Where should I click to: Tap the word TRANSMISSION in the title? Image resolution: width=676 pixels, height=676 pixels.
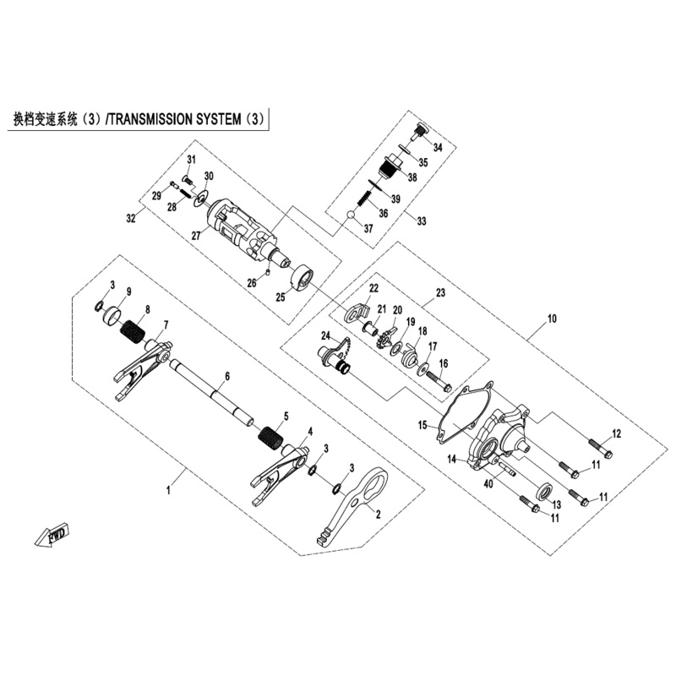(150, 119)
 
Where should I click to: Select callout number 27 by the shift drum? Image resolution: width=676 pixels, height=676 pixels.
(196, 236)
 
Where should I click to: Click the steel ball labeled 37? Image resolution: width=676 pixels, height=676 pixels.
(352, 215)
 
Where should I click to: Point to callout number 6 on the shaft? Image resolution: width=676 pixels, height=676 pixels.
(227, 376)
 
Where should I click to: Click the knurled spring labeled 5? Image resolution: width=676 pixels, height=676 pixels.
(270, 439)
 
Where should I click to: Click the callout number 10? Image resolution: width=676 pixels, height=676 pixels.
(552, 319)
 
